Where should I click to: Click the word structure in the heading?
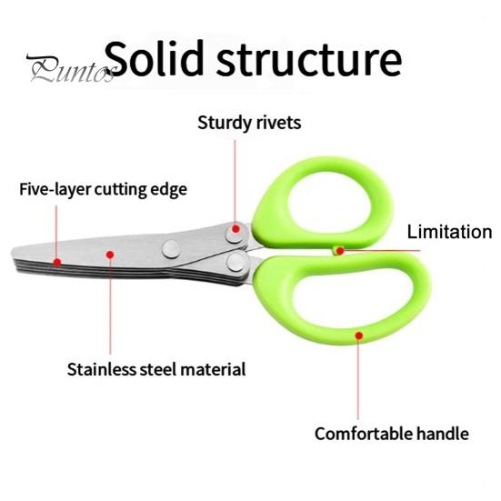[x=309, y=60]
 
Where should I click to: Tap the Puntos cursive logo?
[x=71, y=67]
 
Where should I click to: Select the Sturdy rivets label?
[x=249, y=123]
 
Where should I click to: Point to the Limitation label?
[x=449, y=232]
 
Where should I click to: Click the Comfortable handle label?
[x=392, y=434]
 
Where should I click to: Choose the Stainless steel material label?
[x=156, y=369]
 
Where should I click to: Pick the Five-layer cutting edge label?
[x=104, y=189]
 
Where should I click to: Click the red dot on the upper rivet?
[x=235, y=229]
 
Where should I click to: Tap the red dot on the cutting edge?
[x=57, y=263]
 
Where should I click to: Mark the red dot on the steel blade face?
[x=110, y=255]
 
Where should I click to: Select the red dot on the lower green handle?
[x=359, y=336]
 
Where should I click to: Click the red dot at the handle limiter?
[x=340, y=251]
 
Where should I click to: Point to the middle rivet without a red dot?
[x=171, y=249]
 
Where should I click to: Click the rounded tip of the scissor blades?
[x=14, y=253]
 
